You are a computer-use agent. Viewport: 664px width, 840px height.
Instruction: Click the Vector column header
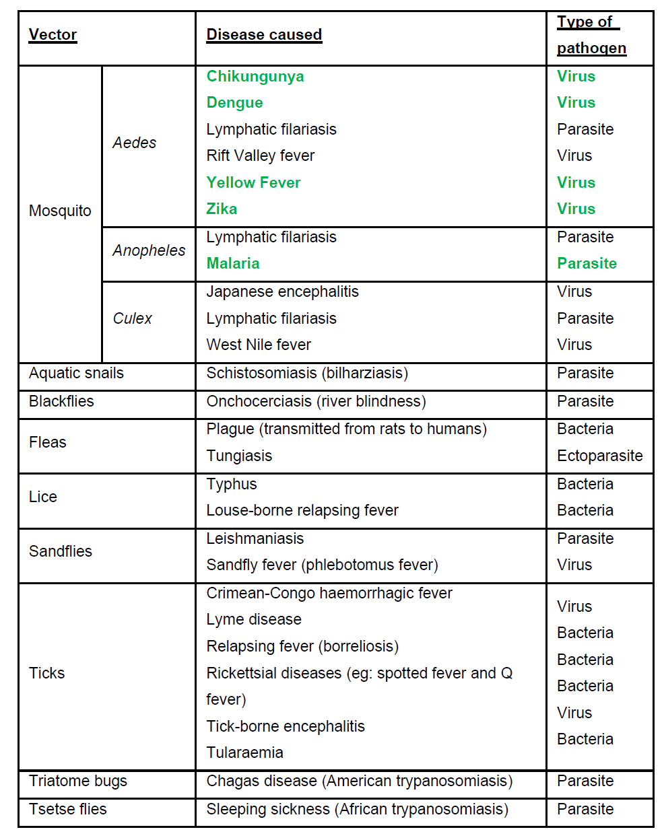[x=53, y=35]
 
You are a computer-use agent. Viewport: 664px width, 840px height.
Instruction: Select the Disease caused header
[x=264, y=35]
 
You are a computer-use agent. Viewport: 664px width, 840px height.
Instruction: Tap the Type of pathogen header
[x=591, y=35]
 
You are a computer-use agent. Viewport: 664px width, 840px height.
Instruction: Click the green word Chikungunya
[x=255, y=77]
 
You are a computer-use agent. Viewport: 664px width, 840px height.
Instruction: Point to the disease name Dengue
[x=234, y=103]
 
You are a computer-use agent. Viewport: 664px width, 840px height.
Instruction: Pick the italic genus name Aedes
[x=134, y=143]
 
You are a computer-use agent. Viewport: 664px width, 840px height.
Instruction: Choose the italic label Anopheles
[x=149, y=250]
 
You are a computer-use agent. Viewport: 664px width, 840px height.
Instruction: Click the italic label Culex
[x=132, y=318]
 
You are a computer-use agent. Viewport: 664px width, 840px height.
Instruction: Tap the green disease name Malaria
[x=233, y=264]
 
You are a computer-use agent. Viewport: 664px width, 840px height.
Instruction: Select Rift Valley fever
[x=260, y=156]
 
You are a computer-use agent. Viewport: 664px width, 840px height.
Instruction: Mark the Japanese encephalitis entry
[x=282, y=292]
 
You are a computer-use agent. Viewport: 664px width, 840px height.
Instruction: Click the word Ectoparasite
[x=599, y=456]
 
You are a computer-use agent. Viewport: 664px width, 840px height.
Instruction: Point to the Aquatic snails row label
[x=76, y=374]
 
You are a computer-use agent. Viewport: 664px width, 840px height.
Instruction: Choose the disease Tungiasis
[x=239, y=456]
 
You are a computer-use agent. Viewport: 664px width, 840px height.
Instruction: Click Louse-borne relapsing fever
[x=302, y=511]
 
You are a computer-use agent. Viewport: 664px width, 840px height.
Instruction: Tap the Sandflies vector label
[x=61, y=552]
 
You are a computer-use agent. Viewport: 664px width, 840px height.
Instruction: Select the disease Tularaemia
[x=244, y=753]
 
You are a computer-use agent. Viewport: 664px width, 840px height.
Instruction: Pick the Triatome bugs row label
[x=77, y=781]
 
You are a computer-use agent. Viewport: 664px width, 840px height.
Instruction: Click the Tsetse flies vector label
[x=67, y=810]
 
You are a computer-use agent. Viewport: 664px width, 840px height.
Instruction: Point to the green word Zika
[x=222, y=209]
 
